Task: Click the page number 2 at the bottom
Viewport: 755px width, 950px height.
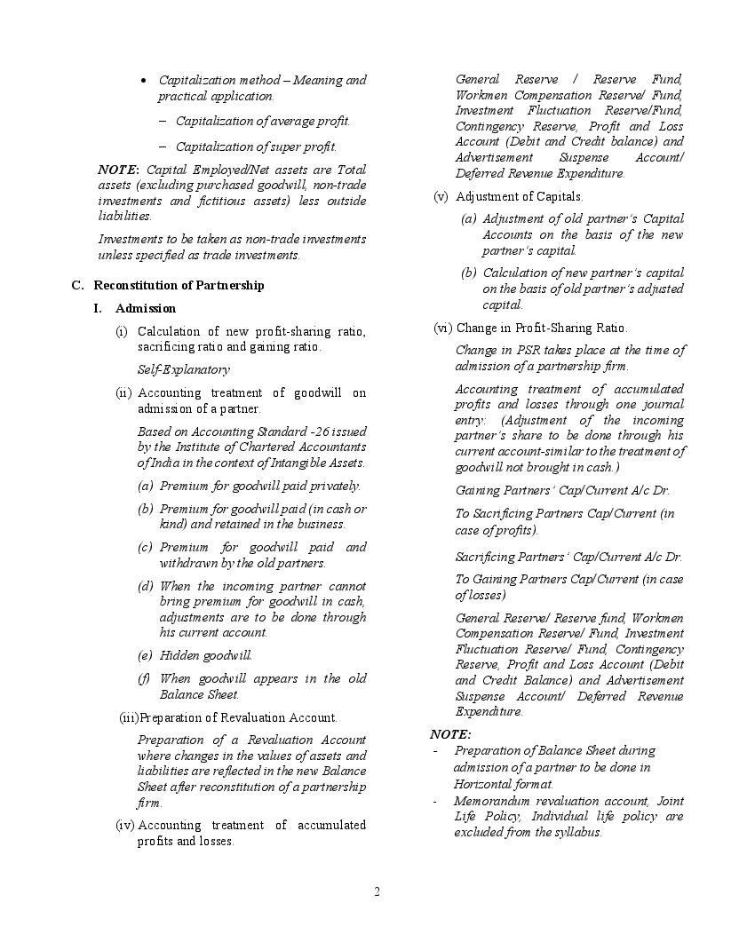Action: [x=377, y=892]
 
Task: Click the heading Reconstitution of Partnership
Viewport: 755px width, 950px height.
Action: [x=179, y=285]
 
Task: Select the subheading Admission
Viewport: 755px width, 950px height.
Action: [x=146, y=308]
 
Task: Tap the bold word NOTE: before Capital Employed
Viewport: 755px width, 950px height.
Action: [x=118, y=170]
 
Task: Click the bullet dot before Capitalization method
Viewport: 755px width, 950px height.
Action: [x=144, y=81]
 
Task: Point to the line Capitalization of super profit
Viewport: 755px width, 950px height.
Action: [x=256, y=146]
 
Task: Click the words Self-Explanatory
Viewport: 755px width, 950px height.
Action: [x=183, y=369]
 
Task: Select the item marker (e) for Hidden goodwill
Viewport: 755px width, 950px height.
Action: [x=145, y=655]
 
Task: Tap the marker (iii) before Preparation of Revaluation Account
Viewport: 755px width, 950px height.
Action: [x=129, y=717]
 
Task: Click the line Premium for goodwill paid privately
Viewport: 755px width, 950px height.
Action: [x=259, y=486]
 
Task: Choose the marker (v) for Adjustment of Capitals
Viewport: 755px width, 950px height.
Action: [x=441, y=196]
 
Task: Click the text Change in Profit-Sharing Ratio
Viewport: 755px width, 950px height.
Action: [x=541, y=328]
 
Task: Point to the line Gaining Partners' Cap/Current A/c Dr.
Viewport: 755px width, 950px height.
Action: [x=562, y=490]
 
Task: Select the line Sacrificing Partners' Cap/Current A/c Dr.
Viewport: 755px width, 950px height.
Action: [x=568, y=557]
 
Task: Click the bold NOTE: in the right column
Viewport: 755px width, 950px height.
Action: [x=450, y=734]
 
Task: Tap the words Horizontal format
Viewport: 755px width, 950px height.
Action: [x=503, y=784]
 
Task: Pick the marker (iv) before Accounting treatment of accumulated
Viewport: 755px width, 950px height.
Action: [x=125, y=825]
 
